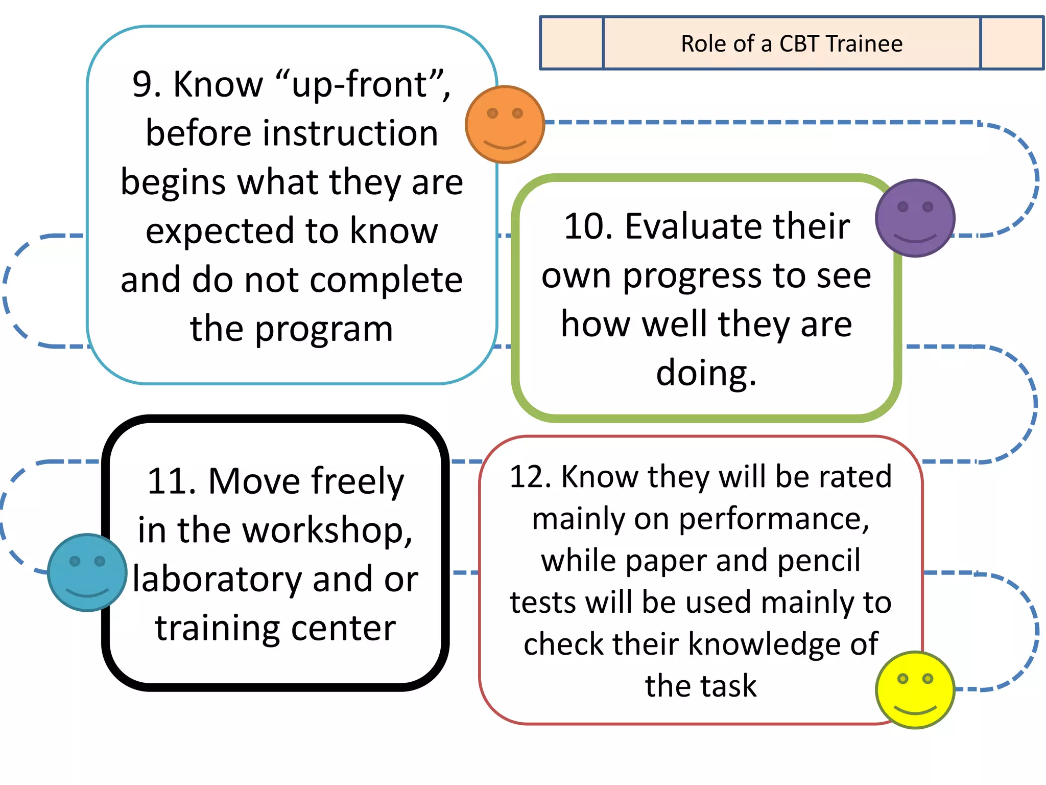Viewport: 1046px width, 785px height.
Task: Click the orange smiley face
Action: tap(505, 124)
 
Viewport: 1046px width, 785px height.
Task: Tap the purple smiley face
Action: tap(915, 218)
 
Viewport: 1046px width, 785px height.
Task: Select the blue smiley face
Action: tap(87, 572)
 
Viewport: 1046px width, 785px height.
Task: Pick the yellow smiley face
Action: tap(915, 689)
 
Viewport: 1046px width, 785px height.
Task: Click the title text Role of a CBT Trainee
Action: tap(791, 43)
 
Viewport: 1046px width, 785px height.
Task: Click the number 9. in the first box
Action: tap(147, 84)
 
